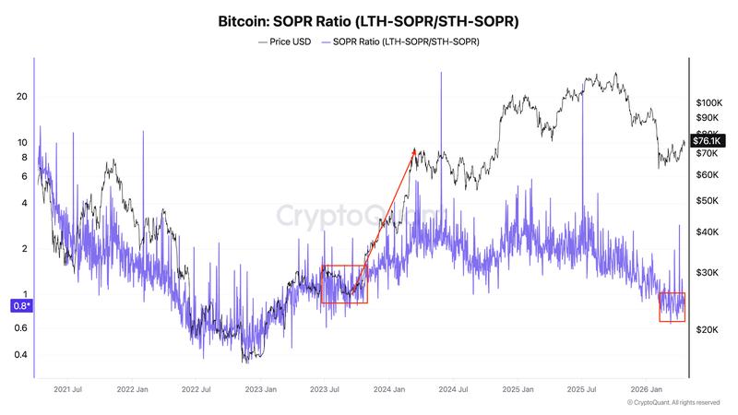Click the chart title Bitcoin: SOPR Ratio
coord(368,19)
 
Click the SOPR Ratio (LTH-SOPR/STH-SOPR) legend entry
coord(406,41)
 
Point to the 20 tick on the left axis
coord(22,97)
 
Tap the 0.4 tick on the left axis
coord(20,355)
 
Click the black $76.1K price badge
coord(711,140)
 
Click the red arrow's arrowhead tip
coord(414,149)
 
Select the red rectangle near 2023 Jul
coord(343,284)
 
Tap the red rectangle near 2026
coord(672,307)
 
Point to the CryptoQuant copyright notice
coord(674,403)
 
